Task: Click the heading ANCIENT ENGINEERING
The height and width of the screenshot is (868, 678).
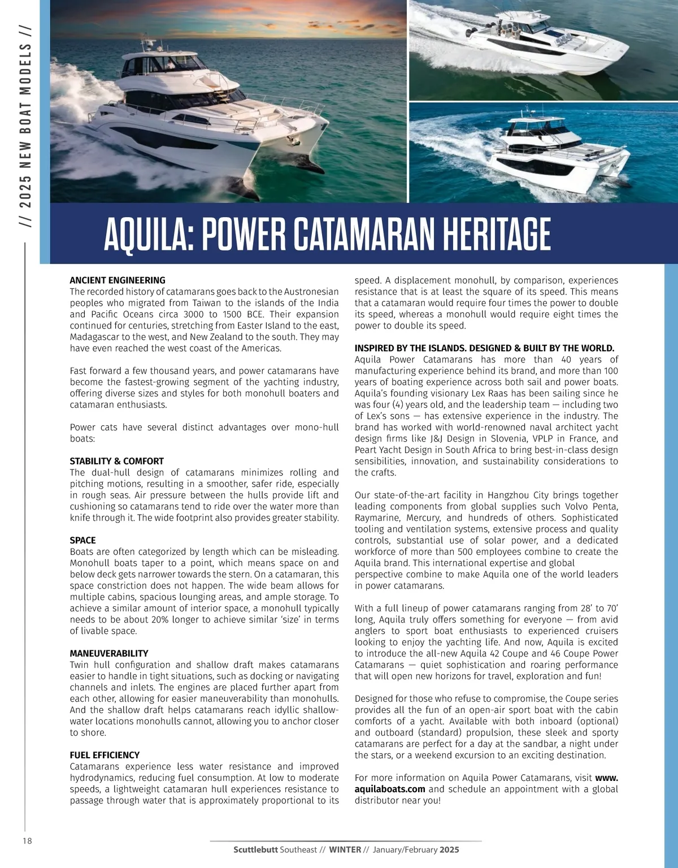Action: (x=118, y=280)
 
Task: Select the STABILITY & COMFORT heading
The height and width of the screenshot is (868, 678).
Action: (x=116, y=461)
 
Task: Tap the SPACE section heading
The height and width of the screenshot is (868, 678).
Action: (x=82, y=540)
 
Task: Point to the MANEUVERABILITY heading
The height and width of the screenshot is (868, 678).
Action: (x=108, y=653)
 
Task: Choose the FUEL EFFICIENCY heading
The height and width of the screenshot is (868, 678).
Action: (x=105, y=755)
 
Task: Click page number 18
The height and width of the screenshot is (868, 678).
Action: (x=27, y=841)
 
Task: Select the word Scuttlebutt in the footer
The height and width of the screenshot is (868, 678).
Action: (x=255, y=849)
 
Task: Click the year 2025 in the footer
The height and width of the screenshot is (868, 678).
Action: (x=450, y=849)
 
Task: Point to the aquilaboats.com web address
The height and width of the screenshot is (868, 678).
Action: (x=390, y=789)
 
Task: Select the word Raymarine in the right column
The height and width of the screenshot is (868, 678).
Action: (x=378, y=517)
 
